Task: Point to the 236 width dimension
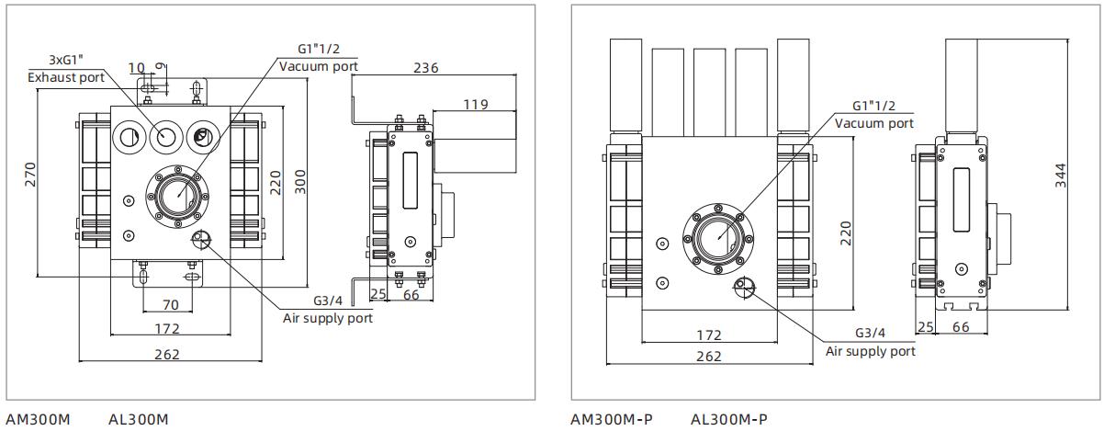coord(426,67)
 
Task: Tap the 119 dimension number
coord(475,104)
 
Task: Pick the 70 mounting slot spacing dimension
coord(170,304)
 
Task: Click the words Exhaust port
coord(66,77)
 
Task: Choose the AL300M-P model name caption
coord(728,419)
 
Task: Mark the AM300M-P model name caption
coord(612,419)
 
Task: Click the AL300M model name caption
coord(138,419)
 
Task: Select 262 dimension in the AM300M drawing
coord(166,354)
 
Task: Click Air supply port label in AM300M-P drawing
coord(870,351)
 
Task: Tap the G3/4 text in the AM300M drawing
coord(328,301)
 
